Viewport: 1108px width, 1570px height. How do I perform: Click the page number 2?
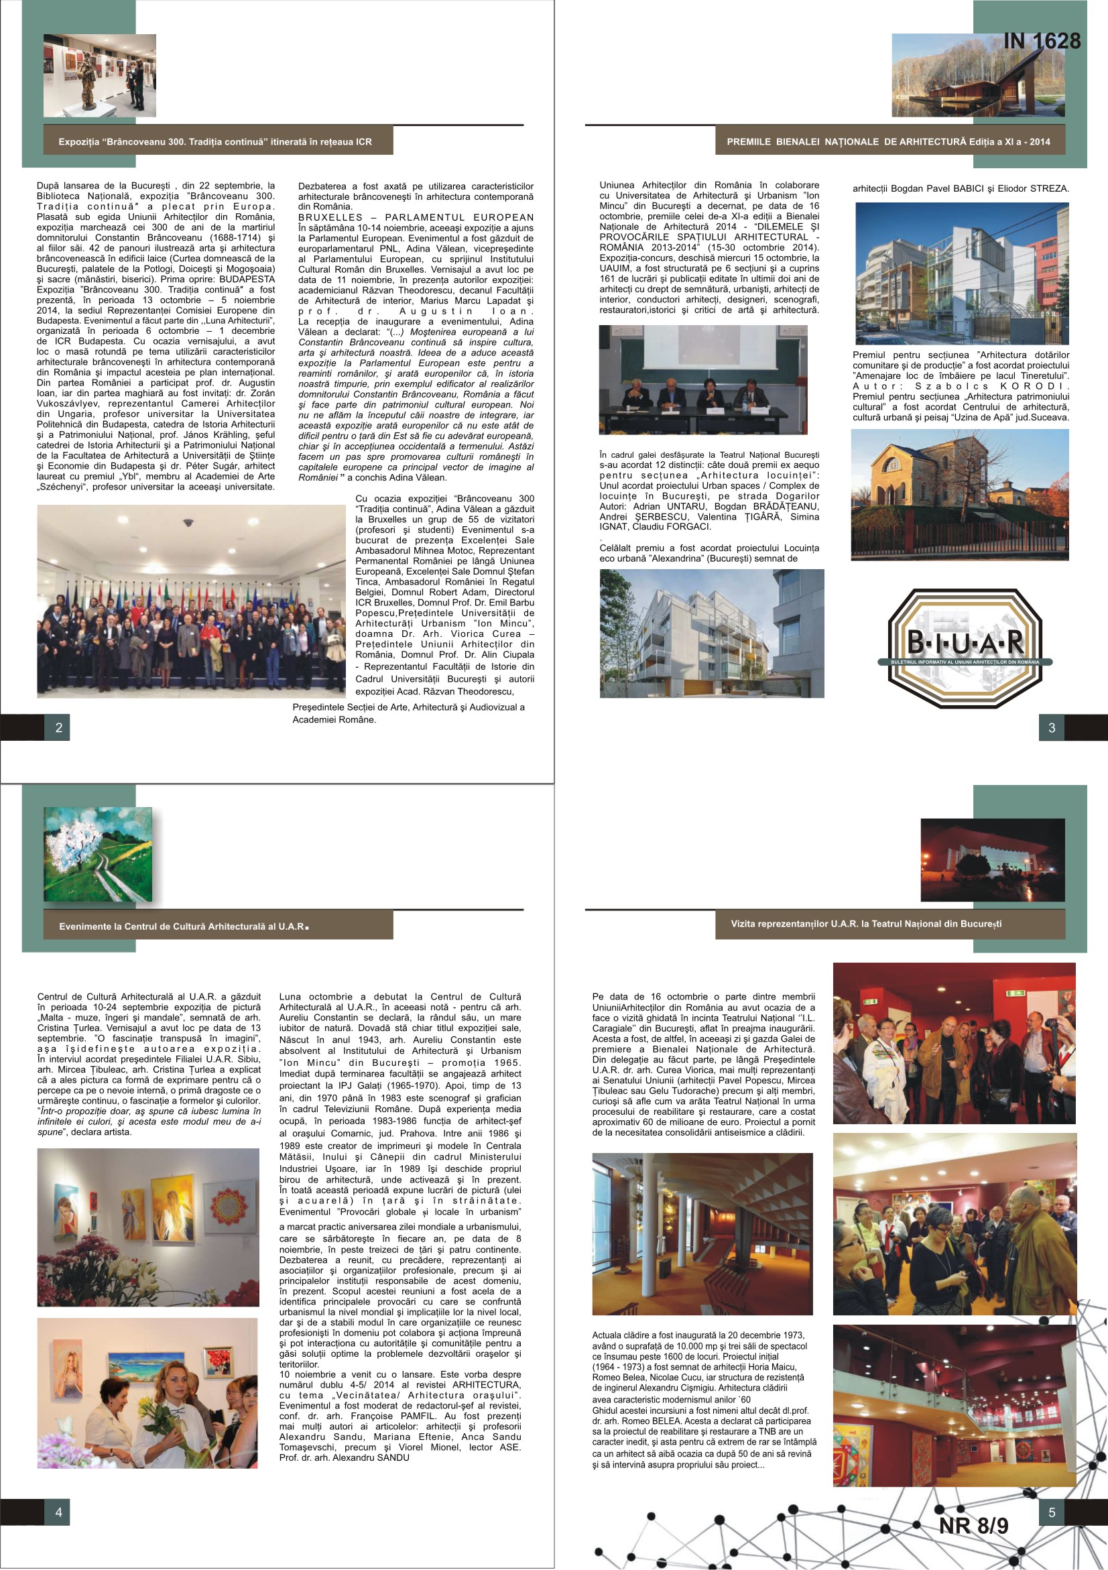coord(59,727)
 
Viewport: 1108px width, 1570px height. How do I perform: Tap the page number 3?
coord(1051,727)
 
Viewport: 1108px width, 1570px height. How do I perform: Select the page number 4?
coord(59,1512)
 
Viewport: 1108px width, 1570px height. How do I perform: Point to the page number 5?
coord(1051,1512)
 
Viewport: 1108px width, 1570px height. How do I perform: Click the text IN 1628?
coord(1042,42)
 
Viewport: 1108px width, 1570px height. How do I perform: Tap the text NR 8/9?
coord(973,1526)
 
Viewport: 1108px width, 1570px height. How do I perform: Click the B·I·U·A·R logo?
coord(965,646)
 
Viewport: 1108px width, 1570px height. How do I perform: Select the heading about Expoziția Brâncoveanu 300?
coord(215,142)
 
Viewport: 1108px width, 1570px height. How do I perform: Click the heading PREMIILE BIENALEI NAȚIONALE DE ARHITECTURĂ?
coord(888,142)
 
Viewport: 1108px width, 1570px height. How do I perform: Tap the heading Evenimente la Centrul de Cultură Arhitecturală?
coord(183,926)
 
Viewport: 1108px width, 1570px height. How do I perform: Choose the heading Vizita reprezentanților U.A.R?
coord(866,924)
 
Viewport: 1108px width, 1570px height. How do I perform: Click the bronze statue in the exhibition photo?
coord(87,82)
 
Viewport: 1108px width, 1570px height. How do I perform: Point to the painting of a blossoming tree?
coord(98,854)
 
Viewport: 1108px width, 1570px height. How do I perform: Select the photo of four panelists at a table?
coord(702,379)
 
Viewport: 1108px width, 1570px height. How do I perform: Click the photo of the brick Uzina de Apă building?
coord(959,494)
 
